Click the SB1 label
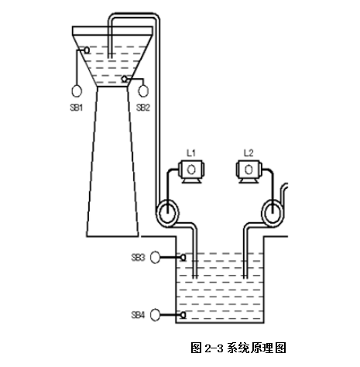coord(77,107)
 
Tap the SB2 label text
coord(143,107)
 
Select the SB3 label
coord(138,257)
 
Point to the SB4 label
coord(138,315)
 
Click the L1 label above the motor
coord(191,153)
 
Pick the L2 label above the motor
coord(249,153)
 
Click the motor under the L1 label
coord(191,172)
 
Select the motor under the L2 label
coord(249,172)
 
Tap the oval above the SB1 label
coord(77,91)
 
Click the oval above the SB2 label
coord(143,91)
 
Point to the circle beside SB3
coord(155,257)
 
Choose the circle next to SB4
coord(155,315)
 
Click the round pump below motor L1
coord(168,214)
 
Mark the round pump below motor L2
coord(273,214)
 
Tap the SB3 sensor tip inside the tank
coord(183,257)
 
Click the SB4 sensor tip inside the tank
coord(183,315)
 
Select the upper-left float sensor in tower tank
coord(87,50)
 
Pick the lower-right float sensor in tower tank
coord(125,79)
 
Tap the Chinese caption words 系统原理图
coord(256,348)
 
